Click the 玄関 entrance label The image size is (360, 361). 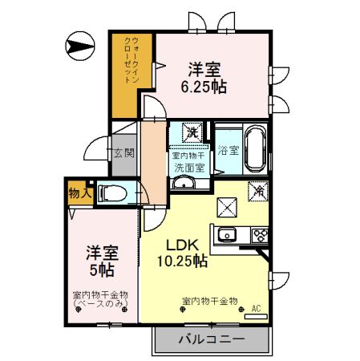pyautogui.click(x=123, y=152)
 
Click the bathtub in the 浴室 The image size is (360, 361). pyautogui.click(x=256, y=149)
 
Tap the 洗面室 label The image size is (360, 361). pyautogui.click(x=190, y=168)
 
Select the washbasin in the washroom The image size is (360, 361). pyautogui.click(x=184, y=184)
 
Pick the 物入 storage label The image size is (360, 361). pyautogui.click(x=79, y=193)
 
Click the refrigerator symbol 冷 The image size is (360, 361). pyautogui.click(x=259, y=192)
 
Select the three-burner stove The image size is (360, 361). pyautogui.click(x=261, y=236)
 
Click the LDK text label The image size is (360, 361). pyautogui.click(x=183, y=245)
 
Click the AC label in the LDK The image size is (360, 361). pyautogui.click(x=256, y=306)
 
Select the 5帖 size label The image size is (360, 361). pyautogui.click(x=102, y=270)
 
